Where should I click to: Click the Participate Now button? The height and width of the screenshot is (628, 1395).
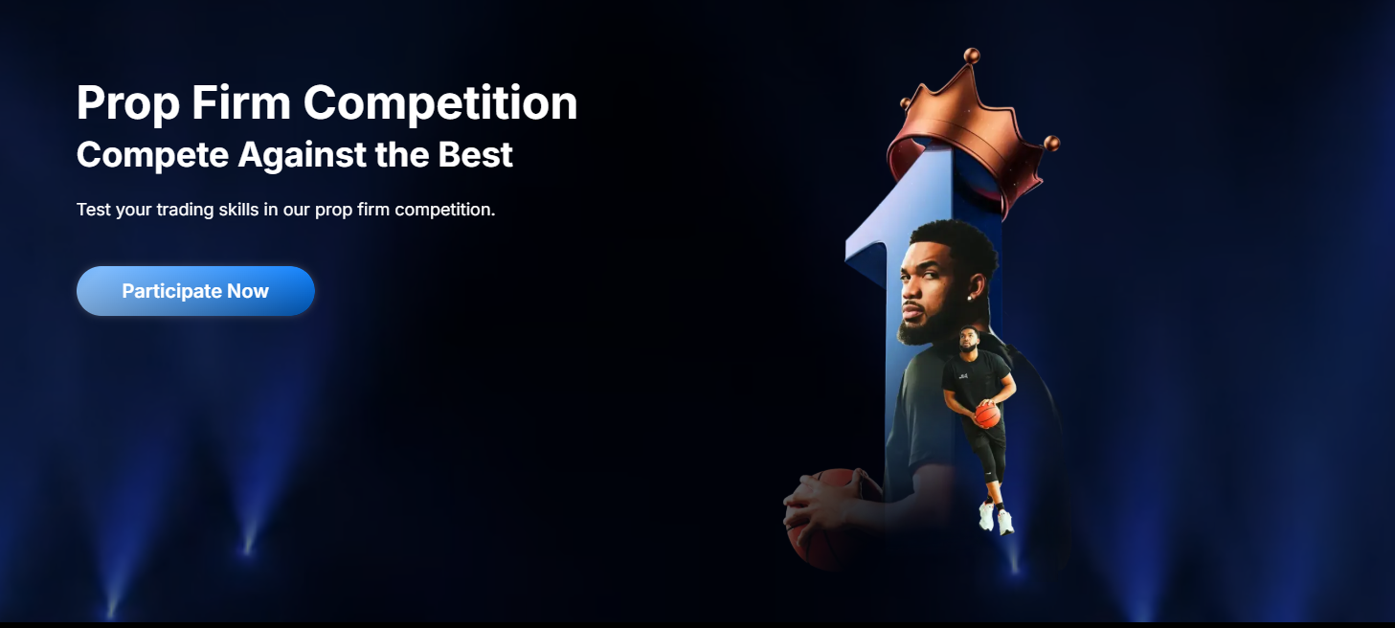(x=195, y=291)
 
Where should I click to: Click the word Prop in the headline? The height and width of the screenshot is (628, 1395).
(x=128, y=103)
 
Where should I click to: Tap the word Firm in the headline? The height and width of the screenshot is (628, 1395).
(x=241, y=102)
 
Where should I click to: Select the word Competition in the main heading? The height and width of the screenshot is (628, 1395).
(x=440, y=103)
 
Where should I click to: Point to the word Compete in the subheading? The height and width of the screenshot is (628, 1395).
(x=152, y=156)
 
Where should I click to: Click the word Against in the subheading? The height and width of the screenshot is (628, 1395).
(x=302, y=156)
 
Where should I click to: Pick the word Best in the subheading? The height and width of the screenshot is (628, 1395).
(x=475, y=154)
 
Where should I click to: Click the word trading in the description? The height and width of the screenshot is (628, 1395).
(x=185, y=210)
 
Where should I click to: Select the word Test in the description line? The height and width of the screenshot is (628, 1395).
(x=94, y=210)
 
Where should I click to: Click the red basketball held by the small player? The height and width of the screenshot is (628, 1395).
(x=988, y=415)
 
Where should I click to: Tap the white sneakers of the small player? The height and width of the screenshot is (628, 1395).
(x=997, y=518)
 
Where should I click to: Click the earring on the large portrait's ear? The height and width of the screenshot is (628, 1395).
(x=970, y=298)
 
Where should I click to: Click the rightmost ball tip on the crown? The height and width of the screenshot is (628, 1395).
(x=1052, y=144)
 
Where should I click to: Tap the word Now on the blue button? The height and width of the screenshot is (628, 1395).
(x=248, y=291)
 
